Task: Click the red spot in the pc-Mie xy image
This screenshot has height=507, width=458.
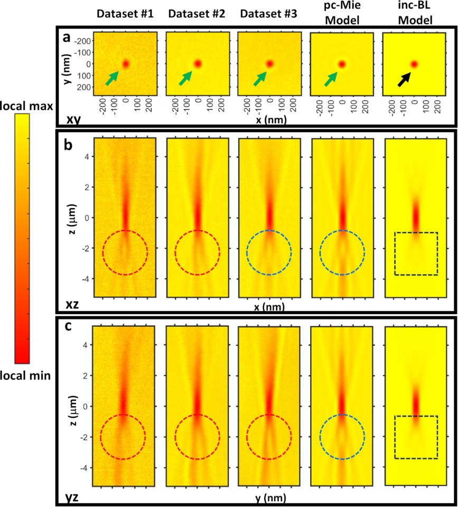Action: coord(342,64)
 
